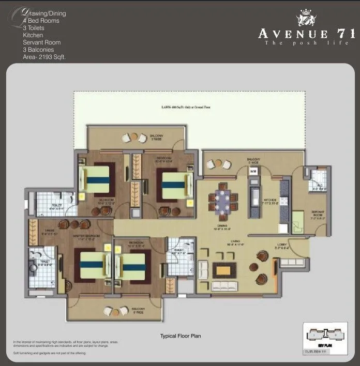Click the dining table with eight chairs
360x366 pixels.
point(223,199)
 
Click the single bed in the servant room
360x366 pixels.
point(299,222)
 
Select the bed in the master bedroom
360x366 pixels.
point(92,266)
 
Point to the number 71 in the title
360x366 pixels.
point(346,34)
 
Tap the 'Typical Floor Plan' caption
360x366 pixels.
point(180,336)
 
